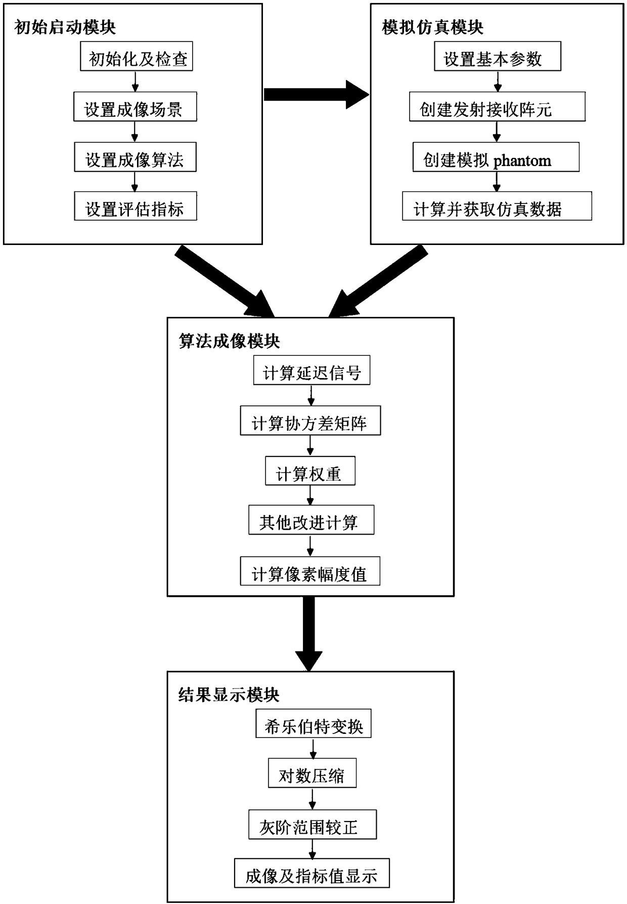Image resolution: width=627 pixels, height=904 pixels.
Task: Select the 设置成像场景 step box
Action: point(135,106)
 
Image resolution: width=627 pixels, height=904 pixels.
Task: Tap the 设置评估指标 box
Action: point(135,206)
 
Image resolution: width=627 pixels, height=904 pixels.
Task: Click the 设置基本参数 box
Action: point(498,56)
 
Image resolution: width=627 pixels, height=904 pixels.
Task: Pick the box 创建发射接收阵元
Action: point(497,106)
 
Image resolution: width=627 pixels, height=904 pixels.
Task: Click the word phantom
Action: point(522,161)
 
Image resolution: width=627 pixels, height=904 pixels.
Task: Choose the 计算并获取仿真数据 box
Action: point(497,206)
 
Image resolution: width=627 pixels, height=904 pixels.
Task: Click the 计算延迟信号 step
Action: point(311,370)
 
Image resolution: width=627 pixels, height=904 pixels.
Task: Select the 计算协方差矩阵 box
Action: point(310,420)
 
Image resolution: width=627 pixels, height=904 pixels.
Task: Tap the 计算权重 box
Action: point(310,471)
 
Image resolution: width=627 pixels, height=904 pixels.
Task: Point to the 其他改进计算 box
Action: point(311,520)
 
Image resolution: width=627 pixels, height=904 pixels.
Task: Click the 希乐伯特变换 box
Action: point(313,723)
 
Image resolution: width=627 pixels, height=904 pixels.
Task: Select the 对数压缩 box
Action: point(312,773)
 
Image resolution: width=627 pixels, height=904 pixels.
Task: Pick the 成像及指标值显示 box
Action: point(312,873)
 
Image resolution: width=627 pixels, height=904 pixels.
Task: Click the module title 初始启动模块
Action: point(65,27)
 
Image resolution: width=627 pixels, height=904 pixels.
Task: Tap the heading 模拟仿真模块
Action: point(433,27)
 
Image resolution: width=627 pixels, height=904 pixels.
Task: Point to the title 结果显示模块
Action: point(229,695)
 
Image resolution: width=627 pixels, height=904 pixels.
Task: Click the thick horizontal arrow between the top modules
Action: point(317,95)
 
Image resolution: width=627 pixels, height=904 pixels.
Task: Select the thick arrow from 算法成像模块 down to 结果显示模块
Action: point(309,634)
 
